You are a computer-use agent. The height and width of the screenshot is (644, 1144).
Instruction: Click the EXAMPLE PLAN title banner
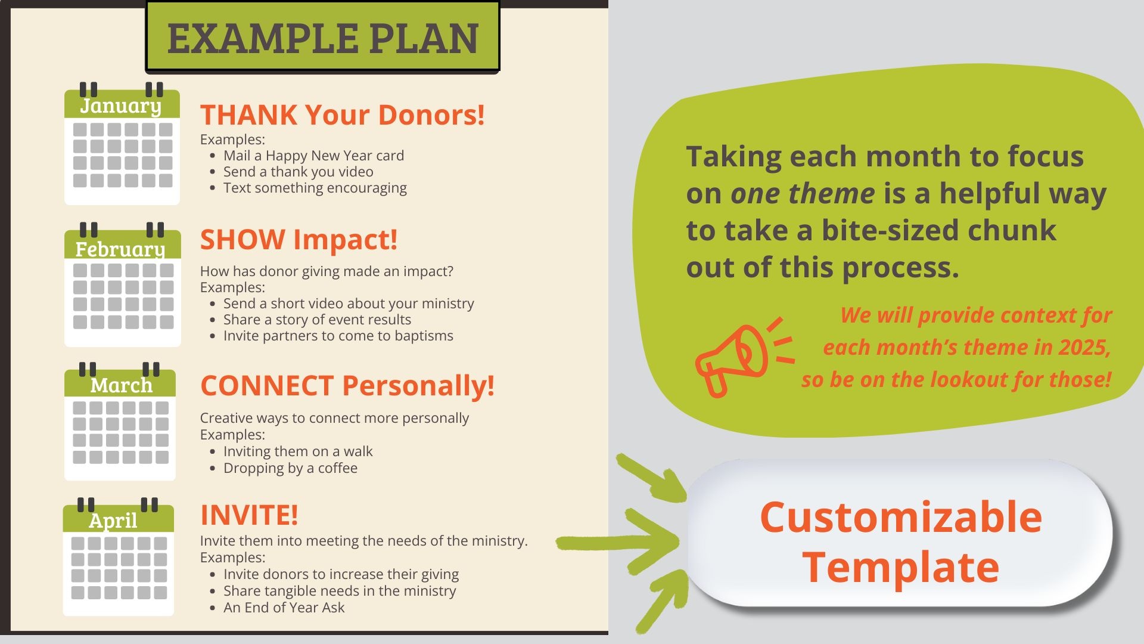pos(322,37)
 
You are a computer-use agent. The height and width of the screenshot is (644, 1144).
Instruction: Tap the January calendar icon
pos(122,144)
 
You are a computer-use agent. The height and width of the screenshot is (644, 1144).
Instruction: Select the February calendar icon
pos(122,284)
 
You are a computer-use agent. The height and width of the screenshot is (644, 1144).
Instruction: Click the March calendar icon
pos(120,421)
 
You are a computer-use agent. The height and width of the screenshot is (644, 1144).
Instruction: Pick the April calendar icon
pos(119,556)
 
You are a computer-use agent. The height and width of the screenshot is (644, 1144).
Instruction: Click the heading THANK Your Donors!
pos(343,115)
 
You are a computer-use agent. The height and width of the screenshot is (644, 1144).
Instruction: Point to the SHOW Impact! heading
pos(299,240)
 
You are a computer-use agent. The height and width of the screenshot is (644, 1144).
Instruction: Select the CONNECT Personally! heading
pos(347,386)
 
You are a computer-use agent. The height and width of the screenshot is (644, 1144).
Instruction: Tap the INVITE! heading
pos(249,515)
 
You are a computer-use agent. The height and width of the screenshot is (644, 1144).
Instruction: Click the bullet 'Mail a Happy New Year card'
pos(313,156)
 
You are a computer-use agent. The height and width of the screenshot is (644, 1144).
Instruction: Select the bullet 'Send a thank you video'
pos(299,172)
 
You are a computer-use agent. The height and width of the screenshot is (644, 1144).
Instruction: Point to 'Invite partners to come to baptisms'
pos(338,336)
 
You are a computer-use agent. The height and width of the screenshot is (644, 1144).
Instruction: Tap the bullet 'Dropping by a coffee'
pos(290,468)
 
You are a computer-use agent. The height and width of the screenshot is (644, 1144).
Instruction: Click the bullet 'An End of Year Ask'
pos(284,608)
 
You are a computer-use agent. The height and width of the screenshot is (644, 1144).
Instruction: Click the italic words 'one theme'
pos(803,193)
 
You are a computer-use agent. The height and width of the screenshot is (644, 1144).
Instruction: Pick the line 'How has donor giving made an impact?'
pos(327,271)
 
